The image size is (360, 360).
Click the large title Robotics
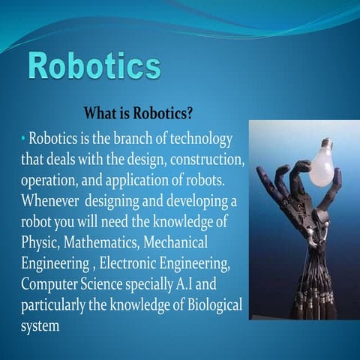click(x=95, y=67)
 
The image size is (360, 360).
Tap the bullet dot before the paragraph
click(x=23, y=139)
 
